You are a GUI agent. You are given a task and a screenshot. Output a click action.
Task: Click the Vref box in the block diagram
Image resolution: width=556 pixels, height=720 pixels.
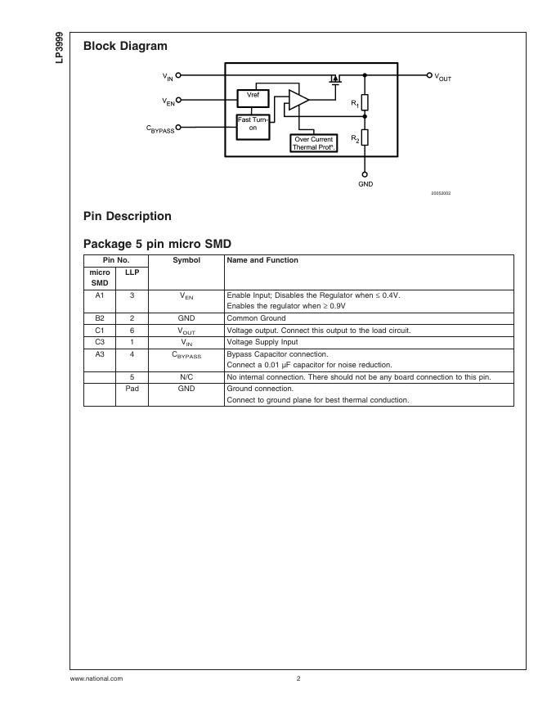click(253, 97)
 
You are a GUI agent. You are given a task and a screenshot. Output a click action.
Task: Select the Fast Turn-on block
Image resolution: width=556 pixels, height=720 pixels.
click(253, 124)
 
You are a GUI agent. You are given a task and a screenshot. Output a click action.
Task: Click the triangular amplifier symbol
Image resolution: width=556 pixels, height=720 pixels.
click(298, 100)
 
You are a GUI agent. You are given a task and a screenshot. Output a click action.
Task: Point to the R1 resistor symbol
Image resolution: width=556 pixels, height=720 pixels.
click(365, 102)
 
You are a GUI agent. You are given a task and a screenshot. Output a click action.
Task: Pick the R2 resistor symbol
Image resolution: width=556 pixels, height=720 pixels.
click(365, 137)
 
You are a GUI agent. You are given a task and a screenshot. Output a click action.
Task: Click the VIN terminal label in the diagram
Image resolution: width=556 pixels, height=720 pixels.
click(168, 76)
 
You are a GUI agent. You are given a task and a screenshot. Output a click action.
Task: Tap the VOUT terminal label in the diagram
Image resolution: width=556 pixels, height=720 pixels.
click(442, 77)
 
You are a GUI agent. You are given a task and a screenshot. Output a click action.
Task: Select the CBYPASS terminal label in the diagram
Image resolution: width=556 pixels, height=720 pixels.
click(160, 128)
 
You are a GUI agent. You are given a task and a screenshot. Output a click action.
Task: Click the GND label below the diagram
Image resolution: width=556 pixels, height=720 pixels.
click(365, 184)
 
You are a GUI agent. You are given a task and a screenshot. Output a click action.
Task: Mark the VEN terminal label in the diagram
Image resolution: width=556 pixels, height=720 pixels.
click(168, 102)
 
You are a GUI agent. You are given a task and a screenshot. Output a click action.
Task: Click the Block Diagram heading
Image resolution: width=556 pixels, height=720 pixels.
click(125, 47)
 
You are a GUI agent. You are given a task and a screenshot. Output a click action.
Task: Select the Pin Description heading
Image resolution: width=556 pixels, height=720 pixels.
click(128, 216)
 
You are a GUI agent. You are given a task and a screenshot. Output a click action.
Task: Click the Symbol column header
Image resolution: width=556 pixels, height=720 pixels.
click(186, 260)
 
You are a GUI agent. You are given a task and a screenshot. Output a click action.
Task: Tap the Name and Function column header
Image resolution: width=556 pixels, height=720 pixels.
click(262, 260)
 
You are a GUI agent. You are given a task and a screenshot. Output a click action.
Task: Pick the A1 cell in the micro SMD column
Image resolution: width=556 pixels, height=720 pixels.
click(100, 295)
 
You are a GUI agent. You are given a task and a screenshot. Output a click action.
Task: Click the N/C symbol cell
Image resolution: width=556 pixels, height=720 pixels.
click(186, 377)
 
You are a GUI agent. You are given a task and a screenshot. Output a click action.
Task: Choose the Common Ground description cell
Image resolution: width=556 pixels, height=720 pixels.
click(256, 317)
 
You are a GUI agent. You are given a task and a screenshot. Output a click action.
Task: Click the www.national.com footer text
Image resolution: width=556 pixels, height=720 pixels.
click(96, 678)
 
